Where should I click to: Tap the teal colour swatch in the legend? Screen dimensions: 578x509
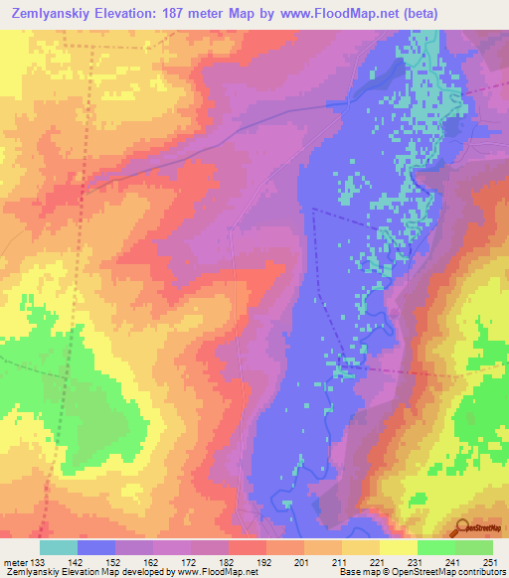click(59, 547)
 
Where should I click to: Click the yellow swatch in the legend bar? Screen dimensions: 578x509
click(398, 547)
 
